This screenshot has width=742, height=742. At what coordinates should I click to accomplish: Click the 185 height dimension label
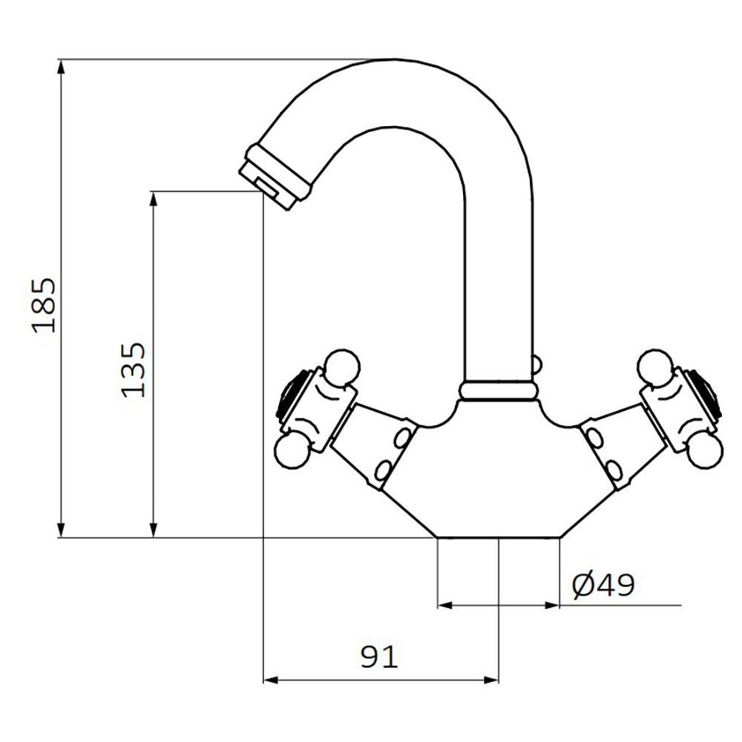tap(44, 305)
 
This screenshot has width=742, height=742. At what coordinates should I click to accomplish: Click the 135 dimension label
tap(134, 370)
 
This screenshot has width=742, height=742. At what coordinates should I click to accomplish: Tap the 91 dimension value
tap(379, 657)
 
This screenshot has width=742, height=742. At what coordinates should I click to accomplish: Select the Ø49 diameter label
tap(603, 586)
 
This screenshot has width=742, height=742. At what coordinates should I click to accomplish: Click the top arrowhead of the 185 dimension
tap(61, 67)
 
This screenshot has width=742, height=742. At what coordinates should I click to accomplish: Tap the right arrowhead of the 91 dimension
tap(491, 680)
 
